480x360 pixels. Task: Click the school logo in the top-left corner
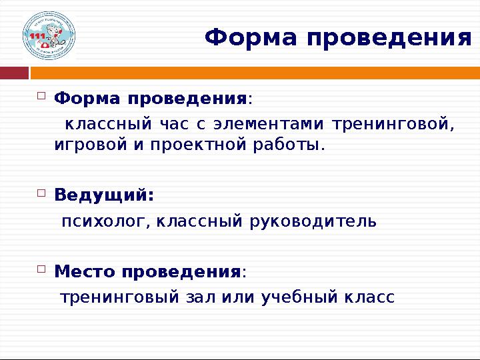49,36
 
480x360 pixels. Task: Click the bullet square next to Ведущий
41,193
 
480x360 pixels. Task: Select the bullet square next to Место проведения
41,269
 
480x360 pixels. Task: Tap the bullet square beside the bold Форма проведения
41,97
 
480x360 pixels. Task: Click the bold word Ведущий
103,196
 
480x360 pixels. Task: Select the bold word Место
84,272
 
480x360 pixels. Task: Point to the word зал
193,297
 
